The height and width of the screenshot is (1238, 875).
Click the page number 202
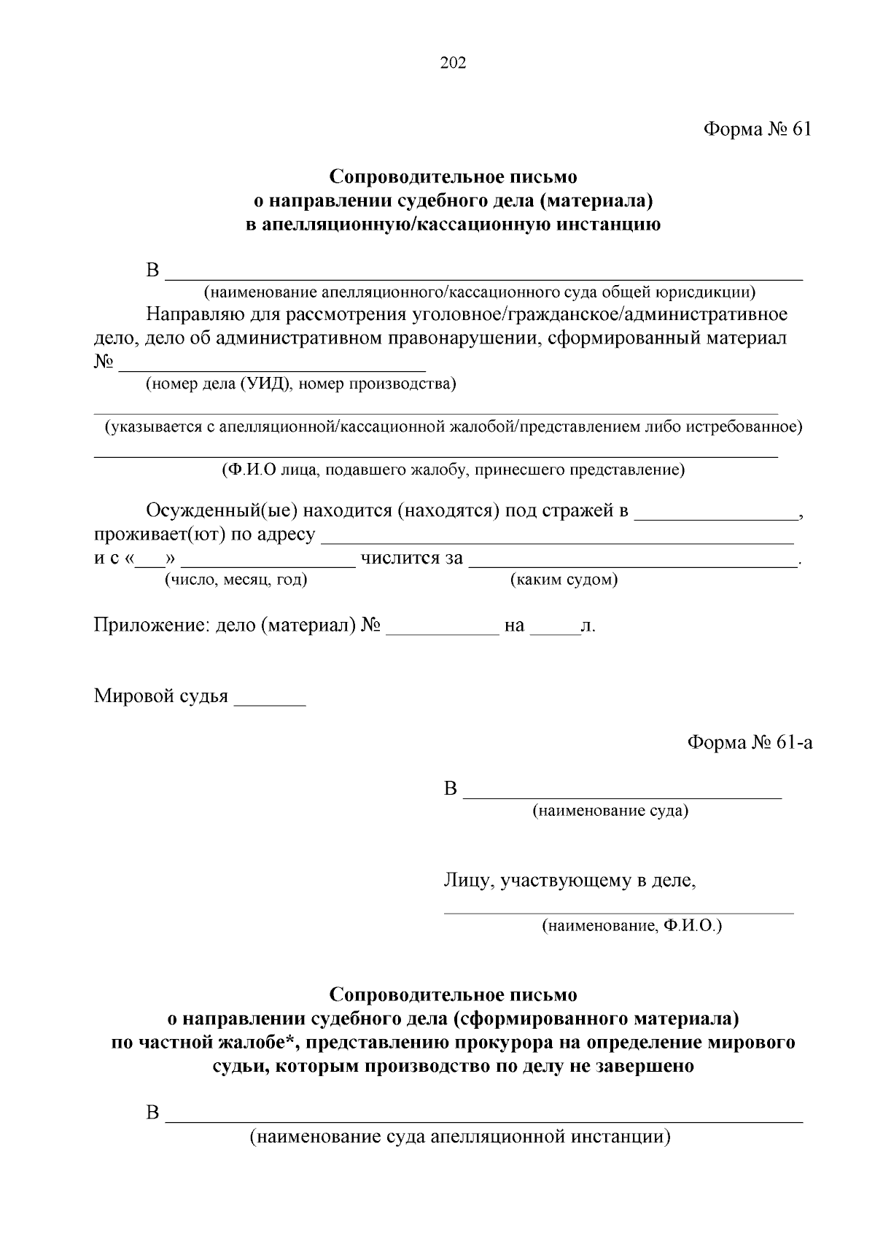(453, 63)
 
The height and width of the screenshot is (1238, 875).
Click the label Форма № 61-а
(750, 742)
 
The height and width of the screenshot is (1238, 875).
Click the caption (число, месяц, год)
(236, 580)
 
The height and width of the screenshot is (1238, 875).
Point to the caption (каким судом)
(564, 580)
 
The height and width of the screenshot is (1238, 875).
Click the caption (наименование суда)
(610, 811)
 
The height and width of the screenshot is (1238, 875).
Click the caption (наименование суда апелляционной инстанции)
(459, 1137)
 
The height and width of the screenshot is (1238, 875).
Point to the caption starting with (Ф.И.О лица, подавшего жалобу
(454, 470)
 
